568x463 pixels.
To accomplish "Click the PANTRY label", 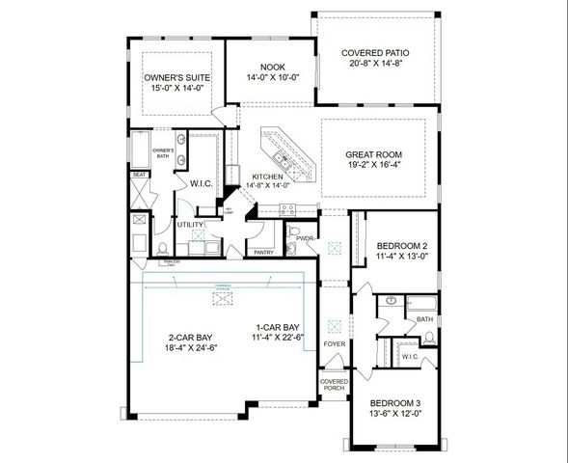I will tap(262, 253).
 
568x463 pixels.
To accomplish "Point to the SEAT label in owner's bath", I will tap(139, 175).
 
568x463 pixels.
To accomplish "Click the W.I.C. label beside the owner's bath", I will tap(202, 183).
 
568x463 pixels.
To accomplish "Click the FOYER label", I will tap(335, 342).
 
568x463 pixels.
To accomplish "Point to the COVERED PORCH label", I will tap(334, 386).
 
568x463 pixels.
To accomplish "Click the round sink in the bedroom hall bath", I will tap(391, 300).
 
